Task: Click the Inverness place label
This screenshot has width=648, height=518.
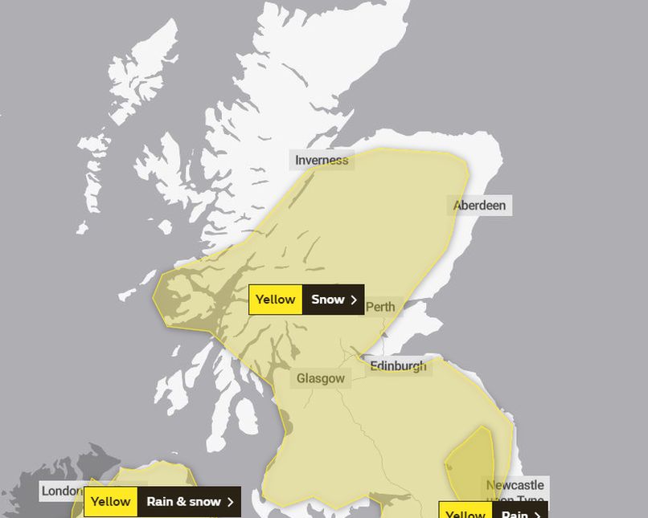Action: tap(322, 160)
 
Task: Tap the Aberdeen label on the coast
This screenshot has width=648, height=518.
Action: tap(480, 206)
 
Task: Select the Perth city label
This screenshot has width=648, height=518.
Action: tap(380, 307)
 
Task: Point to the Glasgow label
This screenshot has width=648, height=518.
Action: tap(321, 378)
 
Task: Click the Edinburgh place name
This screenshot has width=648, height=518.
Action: tap(398, 366)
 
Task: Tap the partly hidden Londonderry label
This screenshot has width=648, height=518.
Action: tap(62, 491)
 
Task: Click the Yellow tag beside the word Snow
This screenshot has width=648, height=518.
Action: tap(276, 300)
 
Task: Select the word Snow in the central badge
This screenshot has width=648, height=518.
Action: tap(327, 300)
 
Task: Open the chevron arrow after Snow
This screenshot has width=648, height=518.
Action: tap(354, 300)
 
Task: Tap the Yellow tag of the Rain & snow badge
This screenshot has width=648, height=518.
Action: tap(110, 502)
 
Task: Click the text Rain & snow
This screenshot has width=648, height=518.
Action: tap(183, 502)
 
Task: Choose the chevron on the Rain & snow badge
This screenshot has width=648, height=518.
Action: tap(231, 502)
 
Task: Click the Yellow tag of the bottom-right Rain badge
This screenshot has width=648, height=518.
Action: tap(465, 513)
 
